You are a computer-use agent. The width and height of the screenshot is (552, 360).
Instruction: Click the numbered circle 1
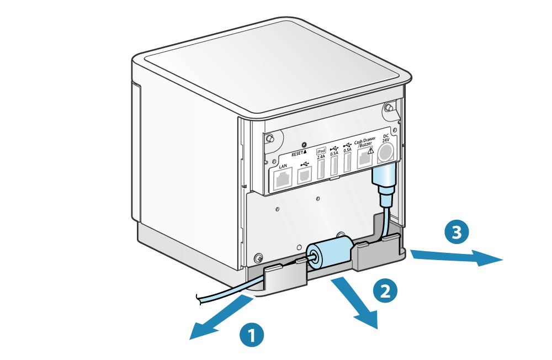252,335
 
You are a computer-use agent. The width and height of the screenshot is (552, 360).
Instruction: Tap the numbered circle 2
385,291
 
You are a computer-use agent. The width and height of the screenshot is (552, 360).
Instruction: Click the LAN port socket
282,179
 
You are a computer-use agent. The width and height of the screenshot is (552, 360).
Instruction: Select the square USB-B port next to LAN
305,175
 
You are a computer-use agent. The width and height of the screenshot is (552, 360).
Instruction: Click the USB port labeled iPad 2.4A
321,170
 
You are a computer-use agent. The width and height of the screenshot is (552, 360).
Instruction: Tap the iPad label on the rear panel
321,150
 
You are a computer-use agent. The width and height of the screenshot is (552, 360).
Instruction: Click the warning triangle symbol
371,150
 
